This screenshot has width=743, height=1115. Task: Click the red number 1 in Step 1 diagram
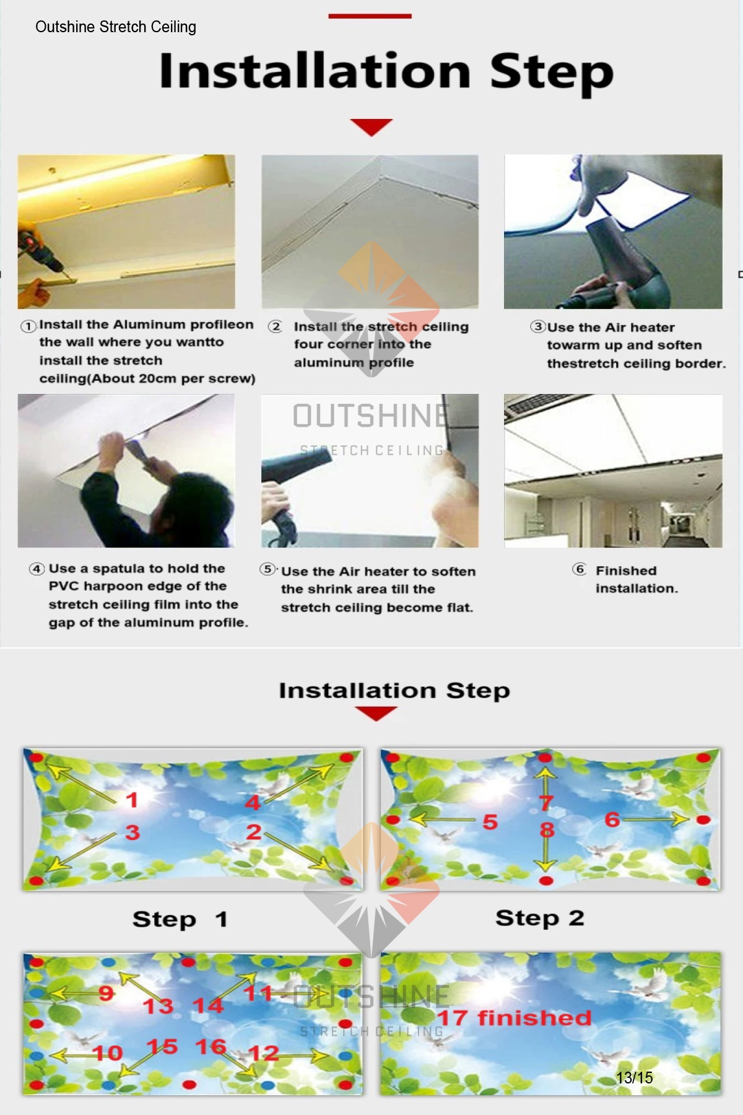(x=131, y=800)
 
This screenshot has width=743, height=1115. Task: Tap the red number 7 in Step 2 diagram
(x=545, y=803)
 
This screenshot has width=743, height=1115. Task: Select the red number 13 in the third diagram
(x=159, y=1006)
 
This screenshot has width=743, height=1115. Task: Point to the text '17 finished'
(x=515, y=1018)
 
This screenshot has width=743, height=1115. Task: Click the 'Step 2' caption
(x=540, y=918)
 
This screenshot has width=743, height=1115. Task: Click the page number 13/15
(x=635, y=1078)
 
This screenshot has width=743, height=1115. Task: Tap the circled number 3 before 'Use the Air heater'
(x=537, y=326)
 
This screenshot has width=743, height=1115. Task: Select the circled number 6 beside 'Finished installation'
(x=580, y=569)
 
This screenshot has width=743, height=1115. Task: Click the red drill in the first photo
(x=38, y=254)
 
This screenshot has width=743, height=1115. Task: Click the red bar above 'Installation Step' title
(x=370, y=16)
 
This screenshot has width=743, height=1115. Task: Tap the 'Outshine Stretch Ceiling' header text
(x=116, y=27)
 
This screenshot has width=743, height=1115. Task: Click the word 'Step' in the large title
(x=552, y=73)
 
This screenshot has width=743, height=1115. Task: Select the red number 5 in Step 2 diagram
(x=490, y=822)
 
